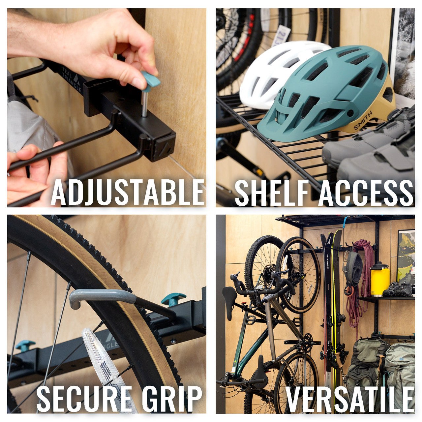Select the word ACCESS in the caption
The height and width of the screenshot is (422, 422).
pyautogui.click(x=365, y=193)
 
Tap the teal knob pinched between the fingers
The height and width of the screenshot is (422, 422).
pyautogui.click(x=150, y=80)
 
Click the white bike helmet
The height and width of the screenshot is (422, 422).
pyautogui.click(x=274, y=73)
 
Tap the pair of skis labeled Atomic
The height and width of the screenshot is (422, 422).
pyautogui.click(x=331, y=297)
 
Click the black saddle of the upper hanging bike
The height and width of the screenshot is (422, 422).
pyautogui.click(x=229, y=297)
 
